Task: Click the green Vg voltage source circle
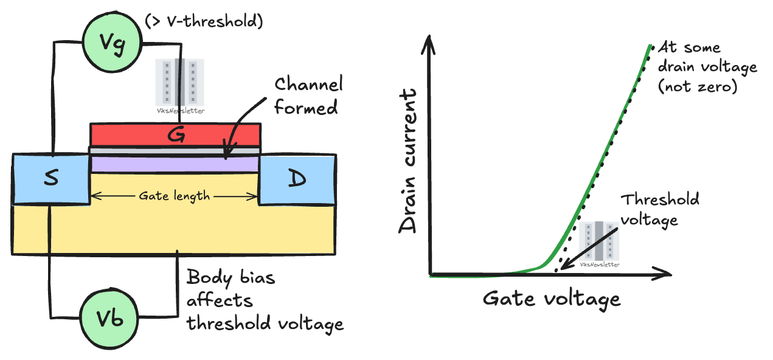(114, 43)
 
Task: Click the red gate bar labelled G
(176, 134)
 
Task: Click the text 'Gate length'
(175, 196)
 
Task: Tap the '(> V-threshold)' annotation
(204, 22)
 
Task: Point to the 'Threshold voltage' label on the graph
(660, 209)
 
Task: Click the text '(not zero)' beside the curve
(698, 86)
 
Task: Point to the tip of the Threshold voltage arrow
(563, 268)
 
